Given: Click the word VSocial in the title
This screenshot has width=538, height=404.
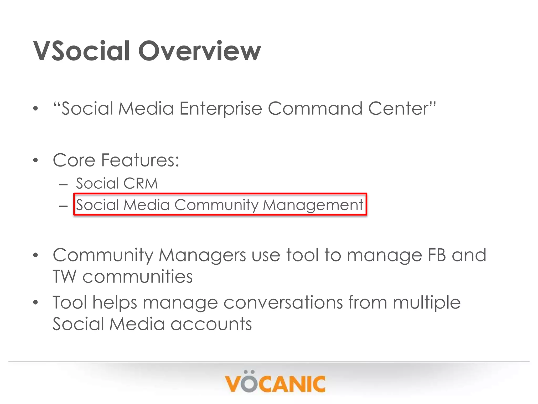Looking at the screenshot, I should click(x=81, y=51).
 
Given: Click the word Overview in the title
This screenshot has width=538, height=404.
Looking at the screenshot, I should click(x=200, y=51).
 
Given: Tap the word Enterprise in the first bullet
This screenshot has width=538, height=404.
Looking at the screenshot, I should click(x=221, y=109).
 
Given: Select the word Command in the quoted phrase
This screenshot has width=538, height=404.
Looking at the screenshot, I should click(x=315, y=109).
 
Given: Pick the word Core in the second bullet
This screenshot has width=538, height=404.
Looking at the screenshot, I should click(x=74, y=160).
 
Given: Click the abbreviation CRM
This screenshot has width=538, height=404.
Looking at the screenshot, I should click(x=141, y=183).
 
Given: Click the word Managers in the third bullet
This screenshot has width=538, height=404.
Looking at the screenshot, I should click(x=202, y=255).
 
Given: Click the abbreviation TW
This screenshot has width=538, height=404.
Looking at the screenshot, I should click(x=65, y=277).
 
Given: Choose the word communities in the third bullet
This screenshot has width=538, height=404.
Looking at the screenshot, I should click(x=138, y=277).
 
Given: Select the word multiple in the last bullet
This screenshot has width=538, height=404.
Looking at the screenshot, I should click(x=427, y=302).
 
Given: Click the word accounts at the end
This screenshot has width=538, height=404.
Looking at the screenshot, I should click(x=211, y=324).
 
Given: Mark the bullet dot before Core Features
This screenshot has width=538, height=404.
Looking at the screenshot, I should click(x=36, y=160).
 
